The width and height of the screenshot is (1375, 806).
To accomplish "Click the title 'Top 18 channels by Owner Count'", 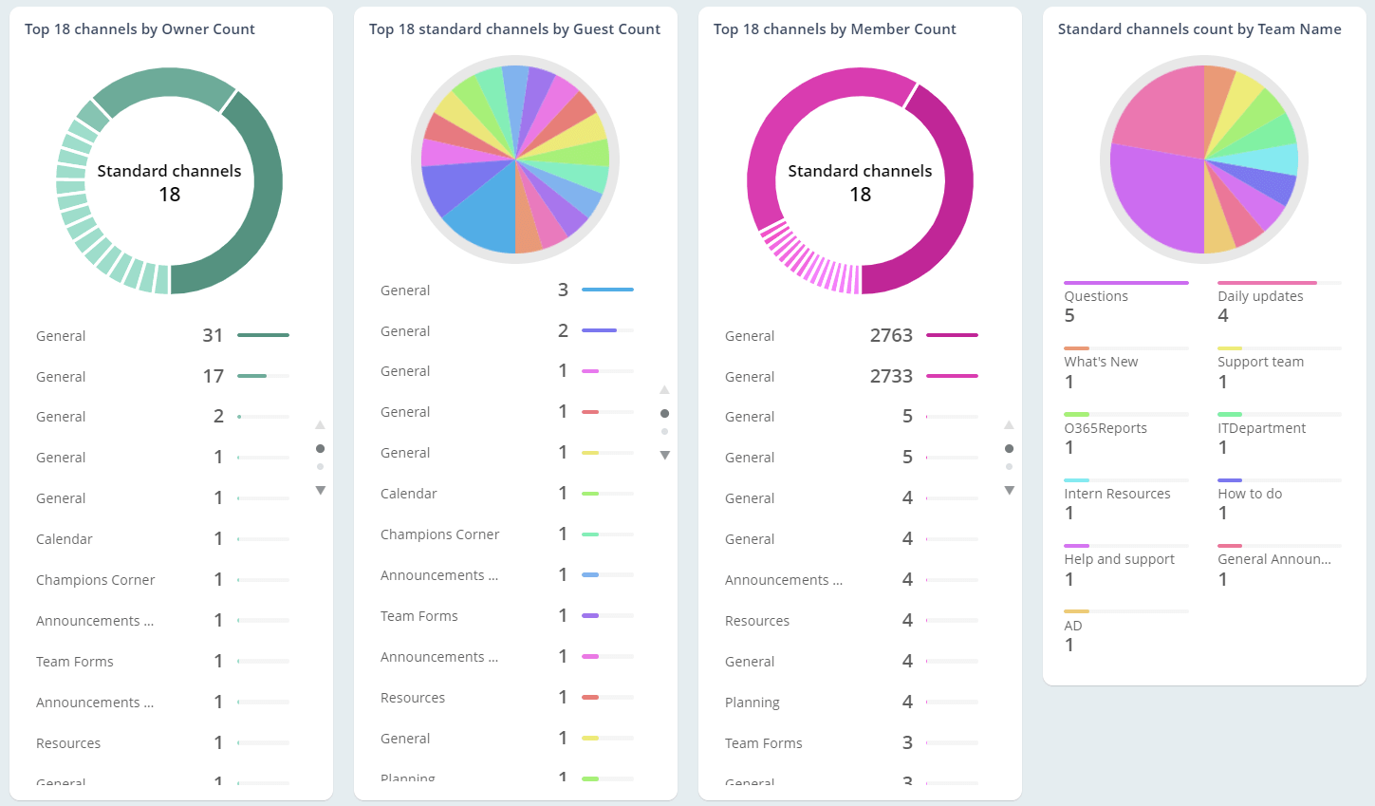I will (139, 29).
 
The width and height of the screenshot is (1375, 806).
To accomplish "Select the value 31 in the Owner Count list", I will (213, 335).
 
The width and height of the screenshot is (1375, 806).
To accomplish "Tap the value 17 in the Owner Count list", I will (213, 376).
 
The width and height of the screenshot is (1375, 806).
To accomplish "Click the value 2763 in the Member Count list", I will (891, 335).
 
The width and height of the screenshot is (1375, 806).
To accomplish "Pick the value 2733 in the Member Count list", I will (891, 376).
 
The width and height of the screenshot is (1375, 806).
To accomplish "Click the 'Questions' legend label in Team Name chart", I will (1096, 296).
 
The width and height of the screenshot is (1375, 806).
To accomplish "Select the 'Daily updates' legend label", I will (1260, 296).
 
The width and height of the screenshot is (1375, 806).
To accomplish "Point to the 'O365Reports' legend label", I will (1106, 428).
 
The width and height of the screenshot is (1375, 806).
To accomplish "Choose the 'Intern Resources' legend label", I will (1117, 494).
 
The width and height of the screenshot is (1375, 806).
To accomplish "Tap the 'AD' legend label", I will (1073, 626).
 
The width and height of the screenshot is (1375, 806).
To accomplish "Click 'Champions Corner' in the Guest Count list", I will (439, 534).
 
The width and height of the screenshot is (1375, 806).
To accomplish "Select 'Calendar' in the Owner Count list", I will (65, 539).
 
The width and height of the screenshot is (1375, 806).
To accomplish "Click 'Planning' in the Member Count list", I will (752, 703).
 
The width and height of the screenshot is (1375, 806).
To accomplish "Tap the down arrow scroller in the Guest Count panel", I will (664, 456).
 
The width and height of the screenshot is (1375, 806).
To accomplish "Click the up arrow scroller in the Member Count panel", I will (1009, 424).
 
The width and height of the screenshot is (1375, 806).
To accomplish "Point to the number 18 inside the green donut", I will (169, 195).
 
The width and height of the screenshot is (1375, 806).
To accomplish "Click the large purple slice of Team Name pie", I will (1153, 199).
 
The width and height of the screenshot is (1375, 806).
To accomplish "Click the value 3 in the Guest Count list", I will (563, 290).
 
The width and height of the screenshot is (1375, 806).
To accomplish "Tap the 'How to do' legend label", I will (1250, 494).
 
